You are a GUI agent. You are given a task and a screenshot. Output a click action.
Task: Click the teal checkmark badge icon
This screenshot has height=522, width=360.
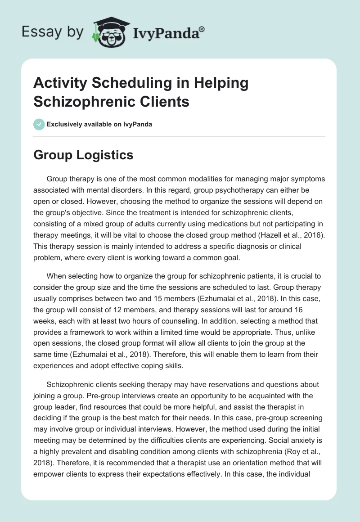39,124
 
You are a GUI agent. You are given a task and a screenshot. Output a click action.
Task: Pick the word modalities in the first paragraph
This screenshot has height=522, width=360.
209,179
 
